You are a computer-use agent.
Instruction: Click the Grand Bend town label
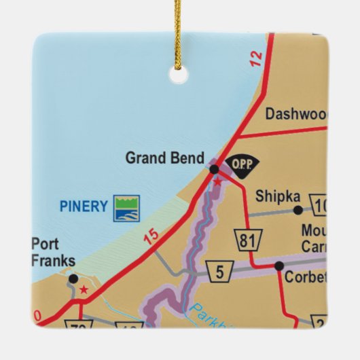tap(164, 158)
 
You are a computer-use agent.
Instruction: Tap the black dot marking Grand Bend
tap(213, 168)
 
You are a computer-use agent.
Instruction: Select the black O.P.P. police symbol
tap(238, 164)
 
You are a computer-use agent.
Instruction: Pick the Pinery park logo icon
tap(126, 208)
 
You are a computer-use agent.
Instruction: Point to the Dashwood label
tap(296, 114)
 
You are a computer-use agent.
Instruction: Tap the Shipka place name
tap(277, 196)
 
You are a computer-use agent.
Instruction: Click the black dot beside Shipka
tap(298, 210)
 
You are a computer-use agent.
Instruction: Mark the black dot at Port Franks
tap(73, 278)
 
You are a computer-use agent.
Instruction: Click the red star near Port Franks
tap(84, 290)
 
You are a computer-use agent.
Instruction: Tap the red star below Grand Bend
tap(217, 181)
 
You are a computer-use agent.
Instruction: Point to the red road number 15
tap(151, 236)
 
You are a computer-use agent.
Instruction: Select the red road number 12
tap(255, 58)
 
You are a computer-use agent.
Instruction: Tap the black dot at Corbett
tap(279, 266)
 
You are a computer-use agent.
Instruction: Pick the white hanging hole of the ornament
tap(179, 75)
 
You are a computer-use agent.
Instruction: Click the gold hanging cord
tap(179, 31)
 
